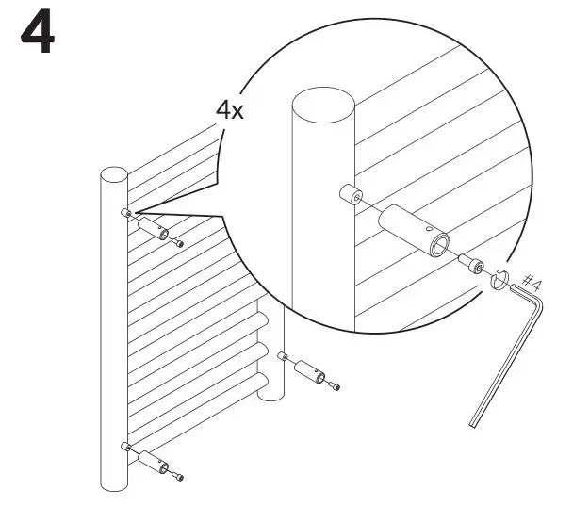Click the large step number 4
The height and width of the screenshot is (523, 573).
pos(37,35)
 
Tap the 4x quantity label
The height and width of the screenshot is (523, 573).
pos(230,110)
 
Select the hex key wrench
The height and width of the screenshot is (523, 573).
pos(509,349)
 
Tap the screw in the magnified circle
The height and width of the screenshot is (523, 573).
pos(474,267)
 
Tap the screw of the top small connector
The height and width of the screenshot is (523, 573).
pos(177,242)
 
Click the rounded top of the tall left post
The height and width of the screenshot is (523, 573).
pos(114,175)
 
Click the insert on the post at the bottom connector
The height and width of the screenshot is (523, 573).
pos(124,444)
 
